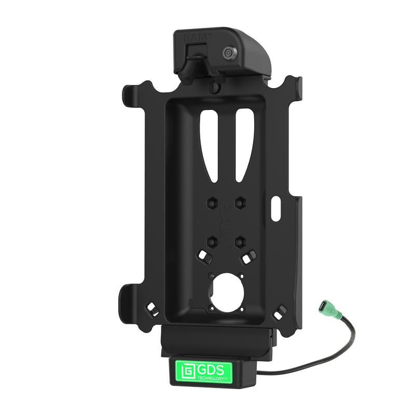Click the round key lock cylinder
click(228, 53)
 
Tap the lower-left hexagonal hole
click(212, 241)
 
